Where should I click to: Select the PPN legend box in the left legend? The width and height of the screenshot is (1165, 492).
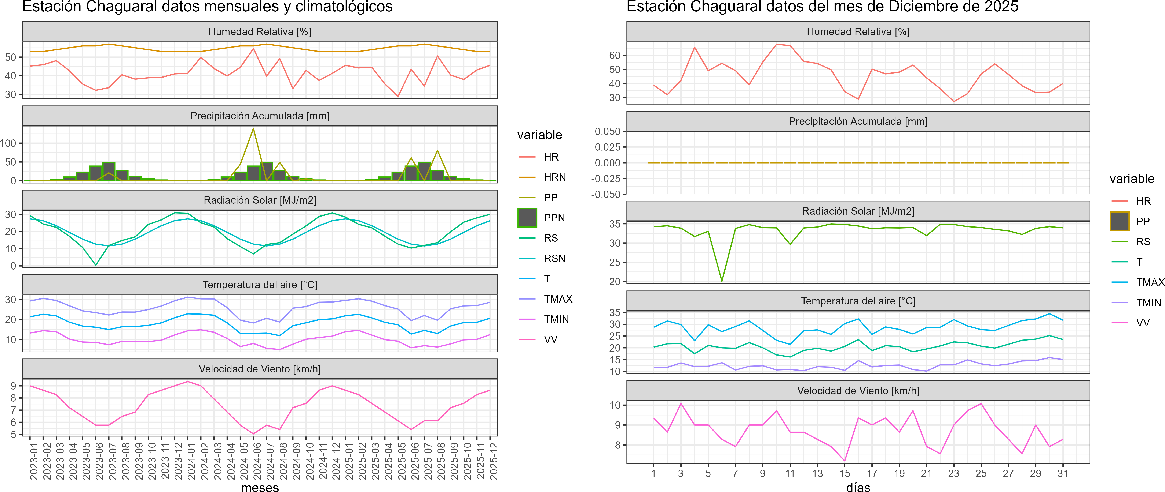click(527, 218)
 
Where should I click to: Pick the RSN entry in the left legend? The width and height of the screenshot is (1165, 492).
click(554, 258)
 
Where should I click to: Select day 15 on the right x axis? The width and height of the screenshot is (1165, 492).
click(844, 473)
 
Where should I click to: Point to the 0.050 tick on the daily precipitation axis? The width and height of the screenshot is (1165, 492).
click(607, 131)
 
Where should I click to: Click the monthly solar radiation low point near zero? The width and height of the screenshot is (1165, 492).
click(95, 265)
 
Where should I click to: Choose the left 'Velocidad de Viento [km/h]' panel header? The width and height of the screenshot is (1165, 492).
click(260, 369)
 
